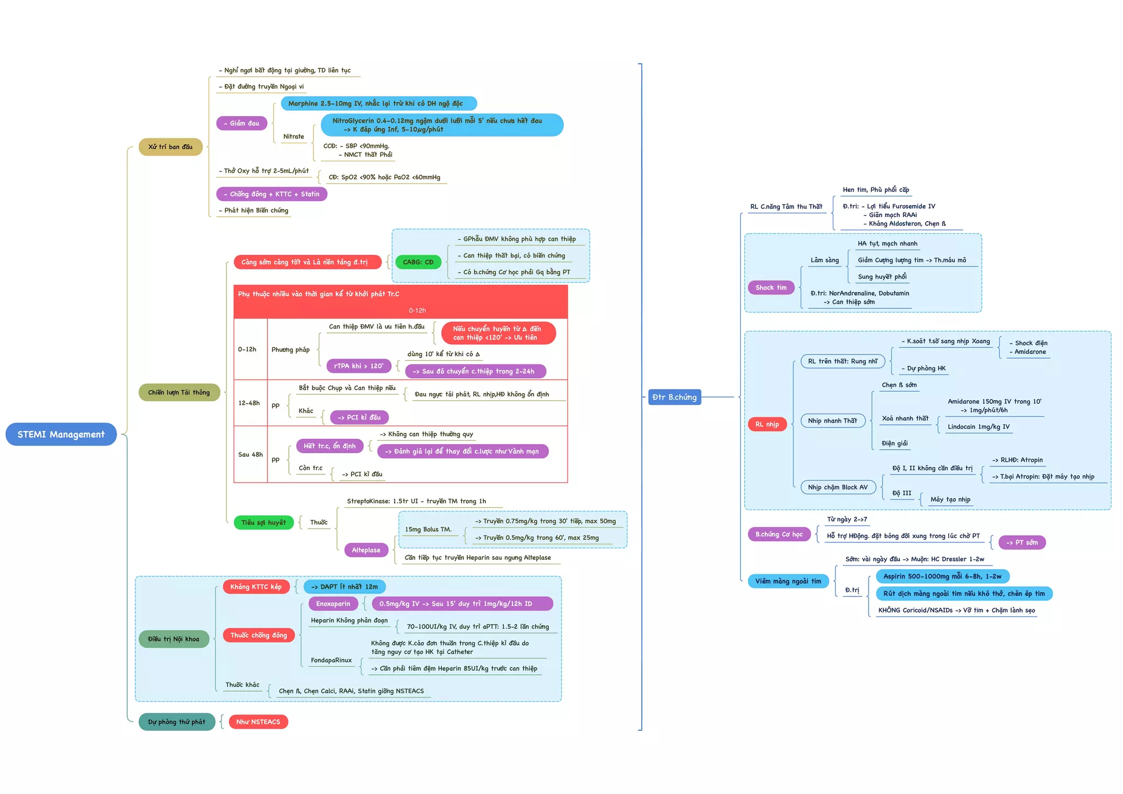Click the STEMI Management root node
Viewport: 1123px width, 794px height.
[x=61, y=434]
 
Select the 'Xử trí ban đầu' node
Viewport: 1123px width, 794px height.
[x=171, y=147]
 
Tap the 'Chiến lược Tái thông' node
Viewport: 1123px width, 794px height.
[x=179, y=393]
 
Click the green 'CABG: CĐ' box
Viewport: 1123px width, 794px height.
[x=418, y=262]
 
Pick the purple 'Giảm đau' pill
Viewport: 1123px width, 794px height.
[x=242, y=123]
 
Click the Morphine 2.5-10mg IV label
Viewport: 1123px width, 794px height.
[x=378, y=104]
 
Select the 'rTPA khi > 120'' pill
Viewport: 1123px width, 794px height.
[x=359, y=366]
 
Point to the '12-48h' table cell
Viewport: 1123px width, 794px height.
[x=249, y=403]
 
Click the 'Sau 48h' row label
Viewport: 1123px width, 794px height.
[x=250, y=455]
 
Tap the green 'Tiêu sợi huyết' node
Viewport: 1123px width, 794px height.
[x=264, y=523]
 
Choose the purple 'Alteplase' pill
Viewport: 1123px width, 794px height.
[x=366, y=550]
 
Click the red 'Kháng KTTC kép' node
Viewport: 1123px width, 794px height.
[x=256, y=587]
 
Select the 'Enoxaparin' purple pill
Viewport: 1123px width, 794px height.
[x=333, y=604]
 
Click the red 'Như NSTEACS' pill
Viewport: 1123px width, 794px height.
[x=258, y=722]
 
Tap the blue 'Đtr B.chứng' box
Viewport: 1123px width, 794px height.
[x=674, y=397]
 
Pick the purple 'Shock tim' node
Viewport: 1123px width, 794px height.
[x=771, y=288]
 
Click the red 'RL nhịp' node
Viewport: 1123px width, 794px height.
[x=767, y=424]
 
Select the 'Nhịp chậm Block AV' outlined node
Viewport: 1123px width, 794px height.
[x=838, y=487]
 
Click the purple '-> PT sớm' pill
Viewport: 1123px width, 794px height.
[x=1022, y=543]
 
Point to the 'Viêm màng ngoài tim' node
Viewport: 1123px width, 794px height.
[x=789, y=581]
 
